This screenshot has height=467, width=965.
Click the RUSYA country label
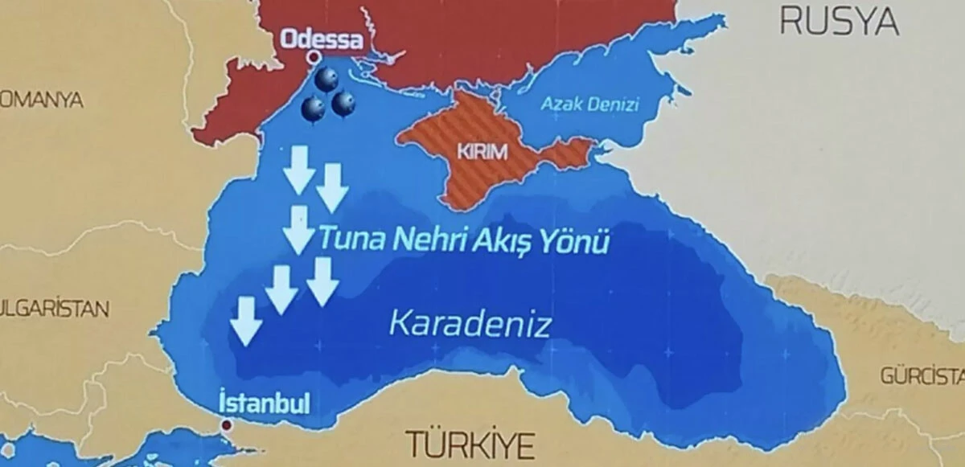[840, 22]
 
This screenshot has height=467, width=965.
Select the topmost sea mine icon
[326, 79]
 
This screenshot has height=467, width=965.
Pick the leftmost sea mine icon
[313, 109]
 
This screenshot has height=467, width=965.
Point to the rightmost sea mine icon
[343, 103]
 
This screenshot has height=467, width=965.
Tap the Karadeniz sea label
[470, 324]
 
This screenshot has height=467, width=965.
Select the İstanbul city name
[253, 402]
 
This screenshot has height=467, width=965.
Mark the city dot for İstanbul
[227, 424]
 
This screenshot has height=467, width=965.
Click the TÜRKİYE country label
[470, 444]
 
